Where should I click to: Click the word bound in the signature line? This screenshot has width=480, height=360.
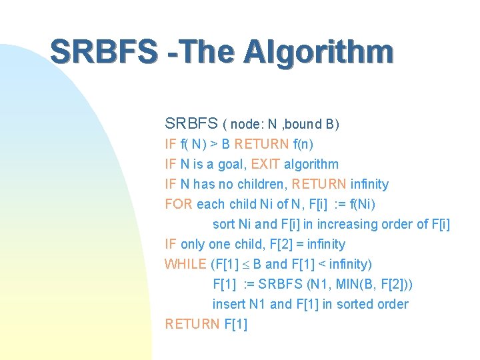(305, 124)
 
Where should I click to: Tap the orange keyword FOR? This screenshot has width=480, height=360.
(178, 204)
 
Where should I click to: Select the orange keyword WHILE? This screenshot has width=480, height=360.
(185, 264)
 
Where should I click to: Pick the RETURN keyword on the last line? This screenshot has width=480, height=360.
(191, 324)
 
